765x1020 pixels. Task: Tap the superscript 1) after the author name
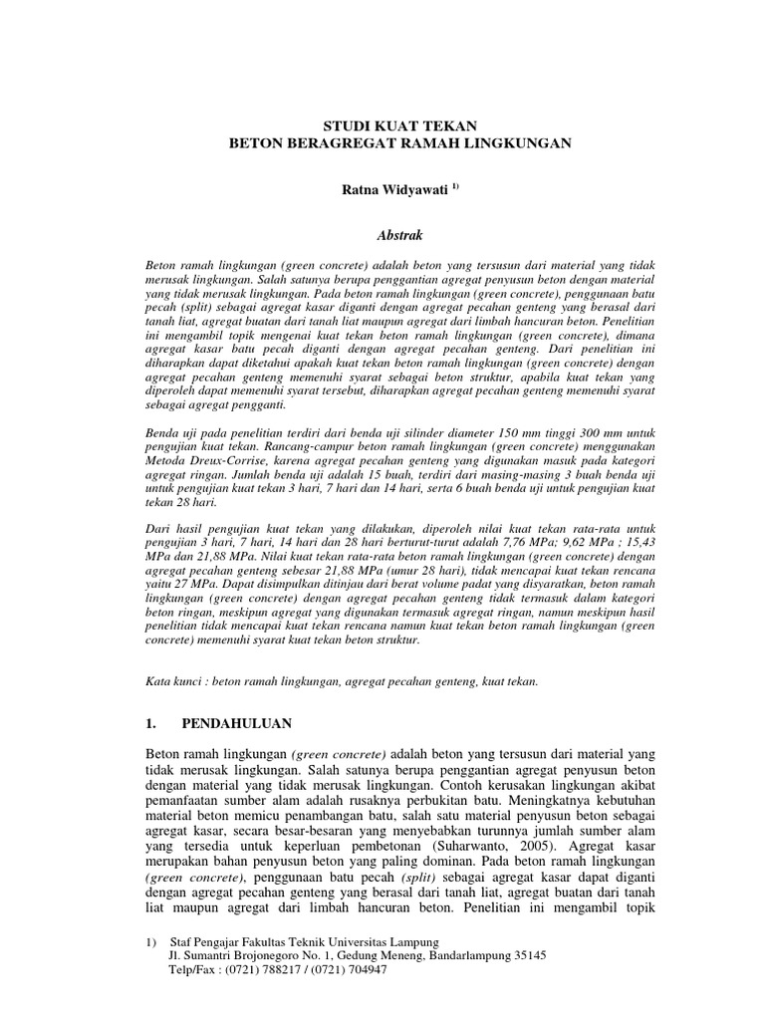[x=427, y=184]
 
